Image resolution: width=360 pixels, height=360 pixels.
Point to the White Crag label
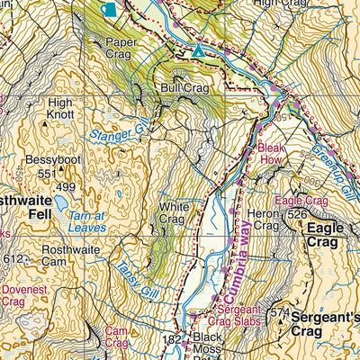pos(173,212)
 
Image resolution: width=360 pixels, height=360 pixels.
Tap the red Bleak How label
pos(271,152)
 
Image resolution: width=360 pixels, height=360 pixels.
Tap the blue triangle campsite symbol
pos(198,52)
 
